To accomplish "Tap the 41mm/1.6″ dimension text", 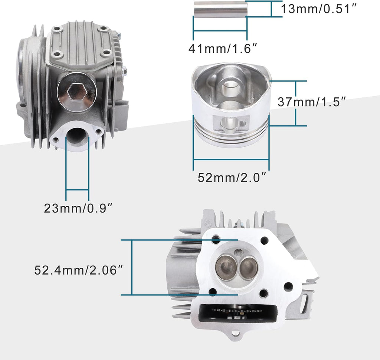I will pyautogui.click(x=223, y=48).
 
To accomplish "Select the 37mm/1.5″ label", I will pyautogui.click(x=312, y=102).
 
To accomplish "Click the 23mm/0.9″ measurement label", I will pyautogui.click(x=78, y=208).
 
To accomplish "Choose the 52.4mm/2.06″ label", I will pyautogui.click(x=78, y=270).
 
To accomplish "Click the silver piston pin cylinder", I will pyautogui.click(x=220, y=9).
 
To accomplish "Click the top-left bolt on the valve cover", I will pyautogui.click(x=57, y=29).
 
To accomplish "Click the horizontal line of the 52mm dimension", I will pyautogui.click(x=231, y=160).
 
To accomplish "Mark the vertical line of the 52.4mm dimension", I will pyautogui.click(x=132, y=267).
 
